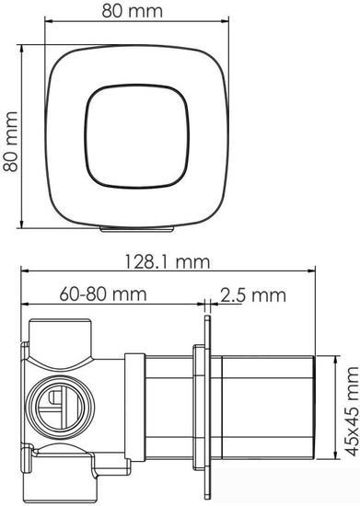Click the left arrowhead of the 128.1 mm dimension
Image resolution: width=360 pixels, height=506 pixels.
[25, 272]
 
